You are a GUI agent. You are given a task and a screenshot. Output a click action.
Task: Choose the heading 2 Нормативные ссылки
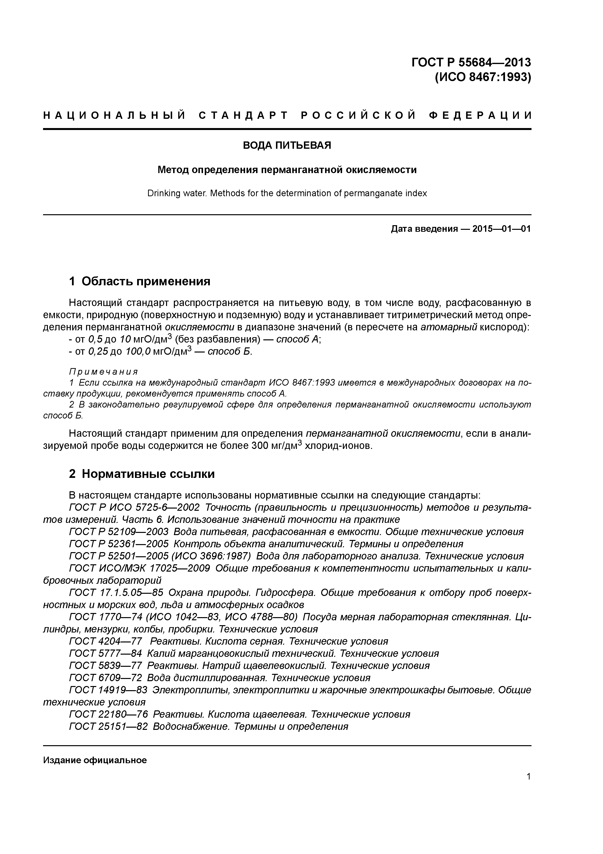pos(142,474)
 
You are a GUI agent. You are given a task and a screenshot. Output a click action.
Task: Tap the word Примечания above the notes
pos(103,372)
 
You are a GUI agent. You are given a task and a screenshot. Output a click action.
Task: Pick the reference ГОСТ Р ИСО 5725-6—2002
pos(134,507)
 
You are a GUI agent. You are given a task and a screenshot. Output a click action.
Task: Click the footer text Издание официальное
pos(95,760)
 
